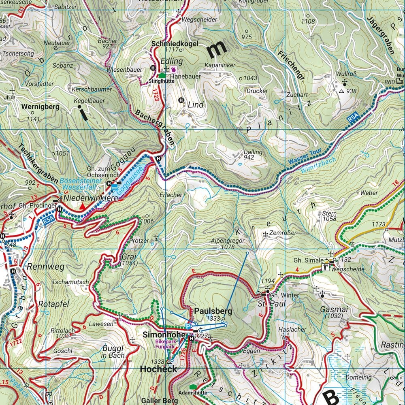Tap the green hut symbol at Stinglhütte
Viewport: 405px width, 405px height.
[x=162, y=75]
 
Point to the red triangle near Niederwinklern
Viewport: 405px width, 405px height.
[x=83, y=207]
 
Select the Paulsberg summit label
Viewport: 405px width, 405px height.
[x=213, y=311]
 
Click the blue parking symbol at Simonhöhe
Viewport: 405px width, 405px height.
[x=188, y=326]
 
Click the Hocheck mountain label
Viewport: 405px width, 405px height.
[x=158, y=369]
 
